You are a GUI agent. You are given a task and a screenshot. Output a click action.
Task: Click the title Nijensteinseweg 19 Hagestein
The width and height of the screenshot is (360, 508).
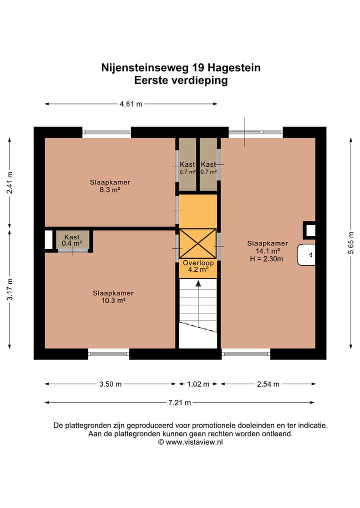(180, 67)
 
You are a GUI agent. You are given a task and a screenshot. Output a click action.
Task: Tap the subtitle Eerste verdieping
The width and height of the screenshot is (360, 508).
(180, 80)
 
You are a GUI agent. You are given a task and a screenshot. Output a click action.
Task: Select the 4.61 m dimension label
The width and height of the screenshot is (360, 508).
(130, 104)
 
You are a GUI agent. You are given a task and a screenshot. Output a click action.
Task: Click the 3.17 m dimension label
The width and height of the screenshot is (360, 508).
(9, 288)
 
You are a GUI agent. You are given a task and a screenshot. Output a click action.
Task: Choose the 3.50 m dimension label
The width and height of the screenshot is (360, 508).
(110, 384)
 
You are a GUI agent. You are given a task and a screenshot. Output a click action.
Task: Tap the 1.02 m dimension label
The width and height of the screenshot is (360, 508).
(198, 384)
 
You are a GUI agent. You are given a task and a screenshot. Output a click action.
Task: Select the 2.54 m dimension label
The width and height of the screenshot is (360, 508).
(267, 384)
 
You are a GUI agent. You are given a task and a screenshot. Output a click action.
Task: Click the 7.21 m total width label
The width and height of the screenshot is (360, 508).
(180, 403)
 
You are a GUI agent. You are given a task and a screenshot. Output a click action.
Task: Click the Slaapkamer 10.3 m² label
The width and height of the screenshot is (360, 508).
(113, 297)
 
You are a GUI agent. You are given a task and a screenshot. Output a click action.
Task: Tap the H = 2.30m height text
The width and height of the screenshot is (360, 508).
(266, 259)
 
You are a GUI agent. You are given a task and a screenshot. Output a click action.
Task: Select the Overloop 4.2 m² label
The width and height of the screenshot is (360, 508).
(198, 266)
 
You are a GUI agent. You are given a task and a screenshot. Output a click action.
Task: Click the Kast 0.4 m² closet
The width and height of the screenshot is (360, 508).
(72, 240)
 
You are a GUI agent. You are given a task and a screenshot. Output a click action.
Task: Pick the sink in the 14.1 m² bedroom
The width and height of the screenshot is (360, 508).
(306, 255)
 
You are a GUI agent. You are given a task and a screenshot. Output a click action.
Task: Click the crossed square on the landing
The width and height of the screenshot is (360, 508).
(198, 244)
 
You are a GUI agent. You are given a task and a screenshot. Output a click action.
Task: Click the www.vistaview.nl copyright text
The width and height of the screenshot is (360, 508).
(190, 442)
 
